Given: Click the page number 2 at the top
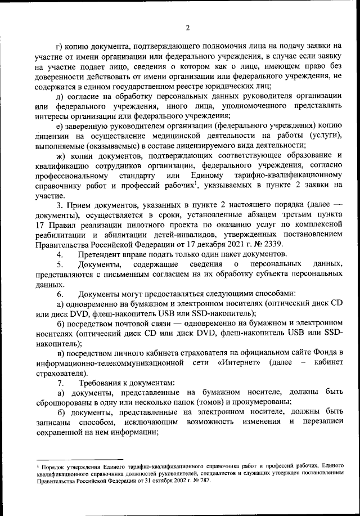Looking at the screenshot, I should pos(187,26).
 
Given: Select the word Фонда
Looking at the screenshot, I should pos(322,352).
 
